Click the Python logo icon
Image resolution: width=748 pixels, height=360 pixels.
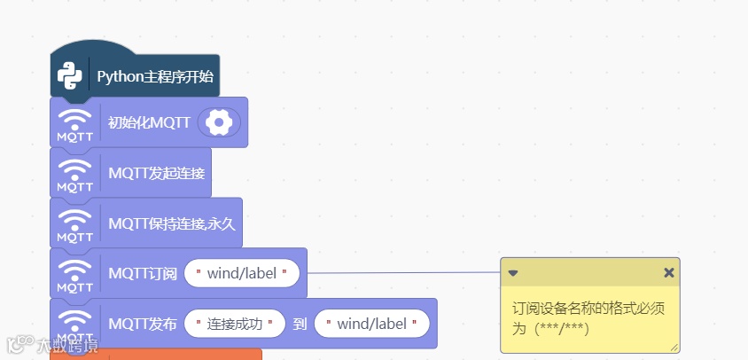(69, 76)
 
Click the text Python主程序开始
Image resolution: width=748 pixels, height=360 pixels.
(155, 76)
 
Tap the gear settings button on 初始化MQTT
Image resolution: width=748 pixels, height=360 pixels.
(217, 122)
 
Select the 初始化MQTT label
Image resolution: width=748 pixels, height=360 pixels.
(149, 122)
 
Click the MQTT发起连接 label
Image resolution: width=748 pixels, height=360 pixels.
(154, 172)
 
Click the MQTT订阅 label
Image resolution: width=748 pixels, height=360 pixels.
(143, 273)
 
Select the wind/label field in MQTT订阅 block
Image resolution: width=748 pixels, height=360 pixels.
(242, 273)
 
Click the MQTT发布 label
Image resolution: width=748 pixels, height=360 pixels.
(143, 324)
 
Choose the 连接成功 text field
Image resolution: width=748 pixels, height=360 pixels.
(235, 324)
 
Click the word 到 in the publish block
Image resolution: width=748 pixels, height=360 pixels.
(300, 324)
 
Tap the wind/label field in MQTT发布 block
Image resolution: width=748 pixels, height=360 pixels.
(371, 324)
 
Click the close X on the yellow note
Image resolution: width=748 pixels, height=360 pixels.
(669, 272)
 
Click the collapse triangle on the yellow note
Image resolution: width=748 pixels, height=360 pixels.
(512, 273)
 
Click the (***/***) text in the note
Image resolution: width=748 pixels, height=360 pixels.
(563, 328)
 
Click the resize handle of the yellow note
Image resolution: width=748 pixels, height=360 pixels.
(674, 348)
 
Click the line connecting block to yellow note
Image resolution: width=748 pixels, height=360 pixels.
(403, 273)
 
